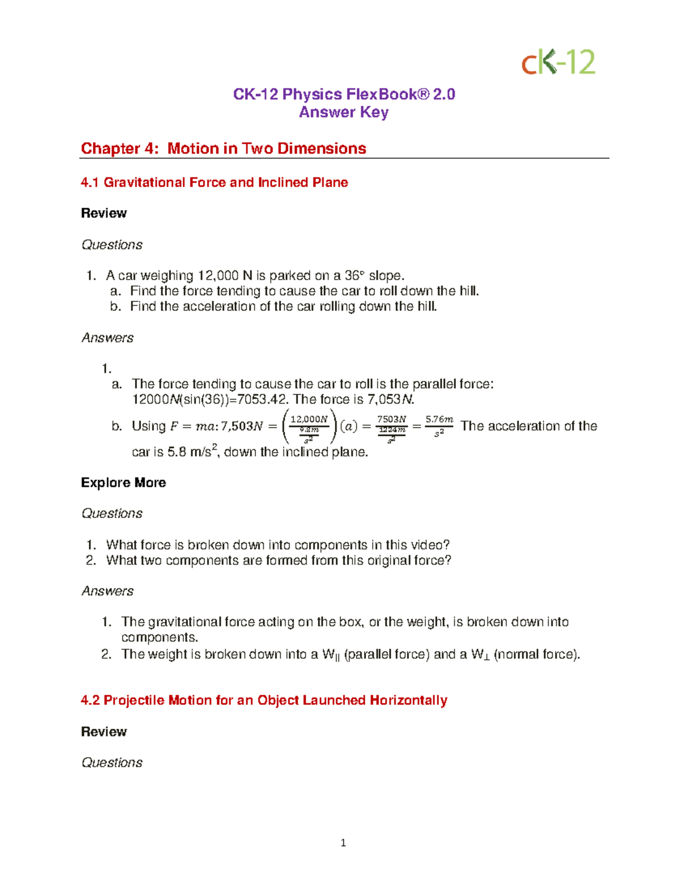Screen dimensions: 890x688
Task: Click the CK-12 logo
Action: tap(558, 62)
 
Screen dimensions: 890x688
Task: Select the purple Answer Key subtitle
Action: tap(343, 112)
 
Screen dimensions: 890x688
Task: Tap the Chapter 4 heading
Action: tap(223, 148)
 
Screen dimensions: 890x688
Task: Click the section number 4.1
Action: tap(90, 182)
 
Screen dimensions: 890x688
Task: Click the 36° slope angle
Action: tap(354, 276)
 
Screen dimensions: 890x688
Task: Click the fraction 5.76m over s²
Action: tap(439, 426)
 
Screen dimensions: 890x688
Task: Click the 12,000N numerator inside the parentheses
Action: tap(309, 419)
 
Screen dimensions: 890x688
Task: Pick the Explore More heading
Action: tap(123, 483)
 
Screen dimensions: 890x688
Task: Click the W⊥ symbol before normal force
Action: tap(480, 654)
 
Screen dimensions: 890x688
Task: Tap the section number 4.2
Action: tap(90, 700)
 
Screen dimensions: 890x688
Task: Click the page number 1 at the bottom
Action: tap(343, 842)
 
